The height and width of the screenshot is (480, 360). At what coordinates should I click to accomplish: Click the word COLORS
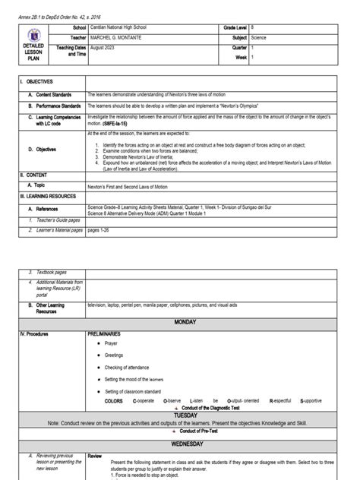point(113,400)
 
